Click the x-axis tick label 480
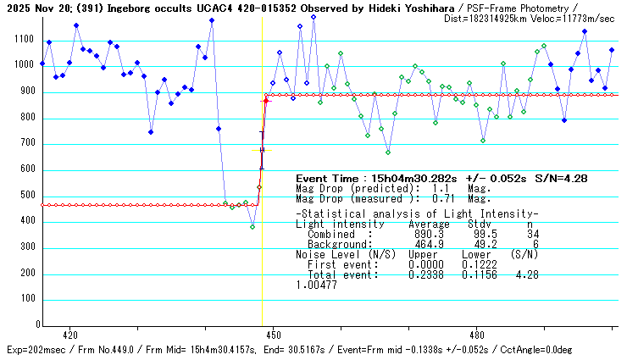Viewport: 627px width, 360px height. click(x=476, y=335)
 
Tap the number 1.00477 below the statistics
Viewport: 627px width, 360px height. click(x=316, y=285)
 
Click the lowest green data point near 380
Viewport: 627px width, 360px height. click(x=252, y=227)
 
